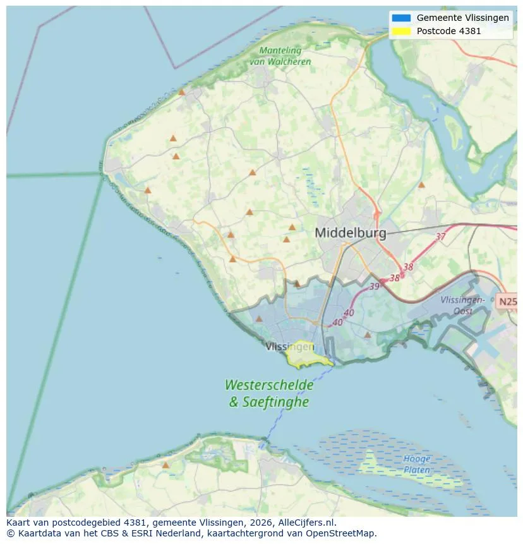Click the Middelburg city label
coord(350,233)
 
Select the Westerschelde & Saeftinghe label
coord(269,392)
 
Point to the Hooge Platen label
coord(417,464)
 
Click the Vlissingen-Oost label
coord(463,305)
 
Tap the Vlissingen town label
coord(289,346)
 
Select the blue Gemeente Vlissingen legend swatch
coord(400,18)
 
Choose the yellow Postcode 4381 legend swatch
coord(400,31)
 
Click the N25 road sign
coord(507,301)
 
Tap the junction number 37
coord(440,236)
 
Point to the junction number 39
coord(375,286)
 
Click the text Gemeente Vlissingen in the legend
coord(462,18)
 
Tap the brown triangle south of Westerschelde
coord(165,465)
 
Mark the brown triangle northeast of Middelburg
coord(421,184)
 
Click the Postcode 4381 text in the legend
coord(448,31)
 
